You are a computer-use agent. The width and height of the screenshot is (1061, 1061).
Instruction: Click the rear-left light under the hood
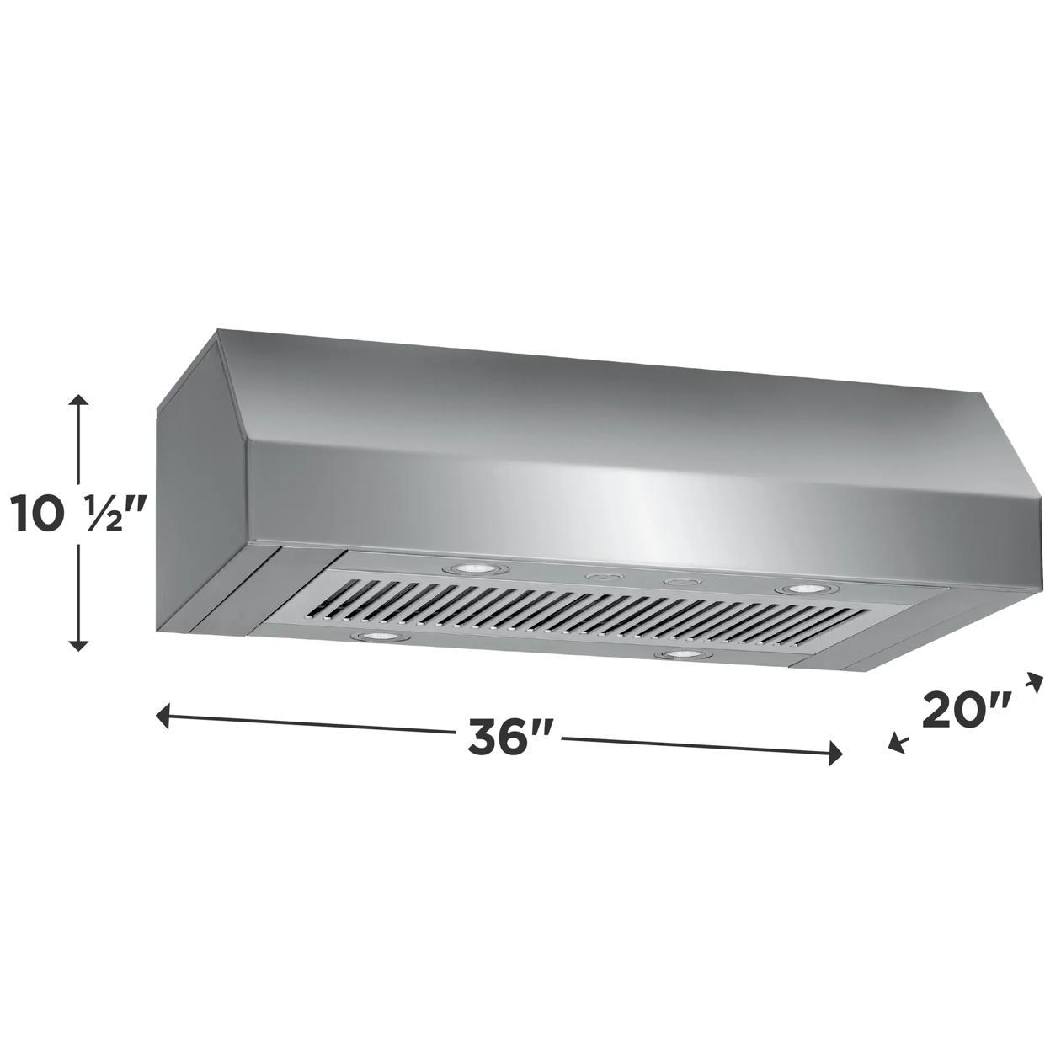(x=473, y=569)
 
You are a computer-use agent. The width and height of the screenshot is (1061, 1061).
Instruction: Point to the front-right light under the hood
(x=685, y=654)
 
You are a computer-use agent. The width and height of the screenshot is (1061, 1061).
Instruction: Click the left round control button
(x=602, y=577)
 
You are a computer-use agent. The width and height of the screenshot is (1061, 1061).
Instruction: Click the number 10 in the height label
(x=39, y=515)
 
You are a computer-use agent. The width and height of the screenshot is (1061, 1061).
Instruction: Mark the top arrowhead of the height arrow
(x=78, y=400)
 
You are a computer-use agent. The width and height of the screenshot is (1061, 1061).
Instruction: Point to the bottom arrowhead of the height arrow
(x=78, y=645)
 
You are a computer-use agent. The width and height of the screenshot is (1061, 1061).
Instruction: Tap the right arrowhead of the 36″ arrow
(x=835, y=752)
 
